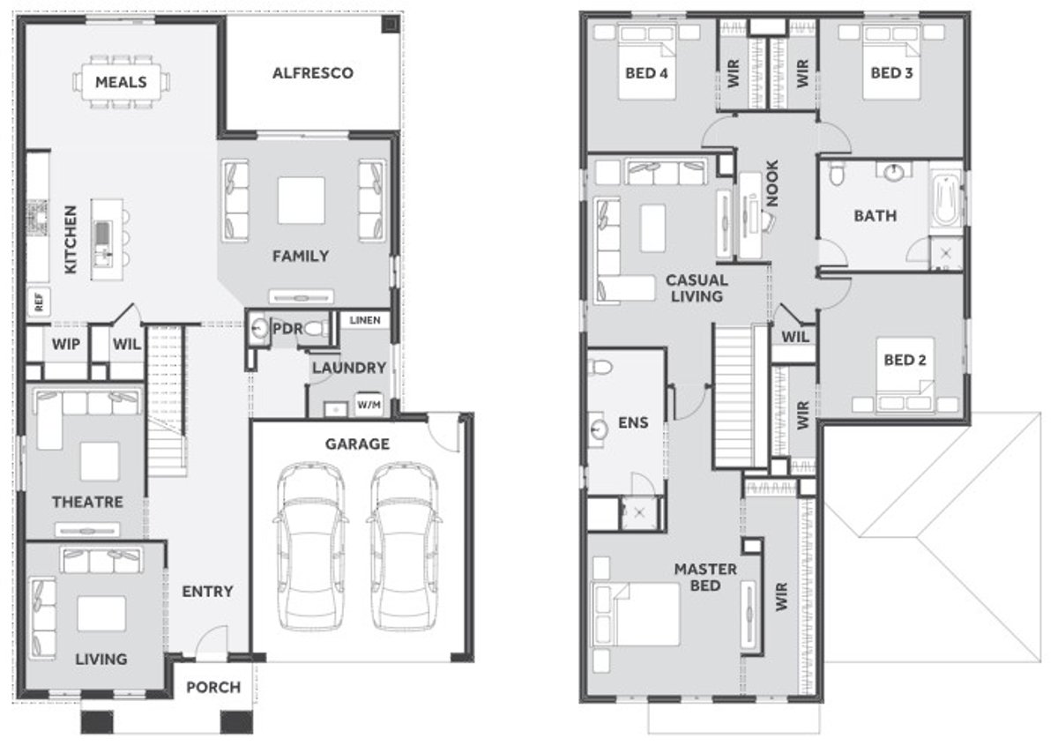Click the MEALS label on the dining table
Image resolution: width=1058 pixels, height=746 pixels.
(121, 82)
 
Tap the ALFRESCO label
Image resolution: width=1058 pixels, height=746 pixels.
(312, 72)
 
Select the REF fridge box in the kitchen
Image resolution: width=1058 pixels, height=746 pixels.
(39, 302)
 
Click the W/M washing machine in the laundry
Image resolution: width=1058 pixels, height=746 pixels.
(369, 406)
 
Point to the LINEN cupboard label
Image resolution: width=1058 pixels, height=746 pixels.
(364, 320)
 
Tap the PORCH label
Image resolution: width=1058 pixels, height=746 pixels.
(213, 686)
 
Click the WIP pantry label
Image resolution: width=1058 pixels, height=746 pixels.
(66, 344)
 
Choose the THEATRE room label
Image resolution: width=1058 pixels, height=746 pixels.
(86, 502)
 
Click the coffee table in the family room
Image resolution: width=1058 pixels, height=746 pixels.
(301, 200)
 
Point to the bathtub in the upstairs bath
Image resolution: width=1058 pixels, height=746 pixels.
(946, 202)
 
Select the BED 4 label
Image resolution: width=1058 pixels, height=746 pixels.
(646, 72)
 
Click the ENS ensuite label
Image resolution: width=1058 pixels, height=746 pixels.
(633, 422)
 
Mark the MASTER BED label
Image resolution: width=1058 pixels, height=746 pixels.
(705, 578)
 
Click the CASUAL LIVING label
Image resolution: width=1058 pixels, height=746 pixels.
(697, 288)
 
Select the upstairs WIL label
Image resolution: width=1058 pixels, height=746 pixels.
(795, 335)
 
